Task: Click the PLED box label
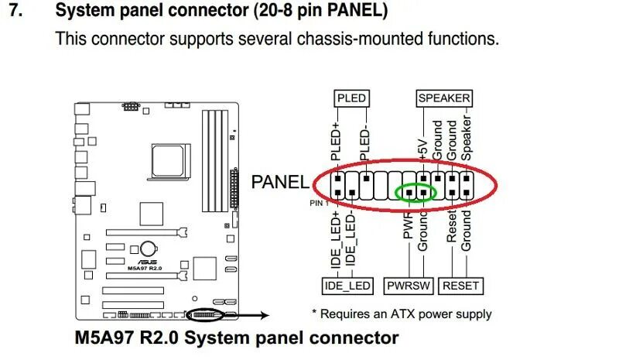351,98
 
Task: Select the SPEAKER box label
444,98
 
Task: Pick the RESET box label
460,286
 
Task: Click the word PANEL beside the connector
280,183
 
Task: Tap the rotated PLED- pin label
366,141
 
